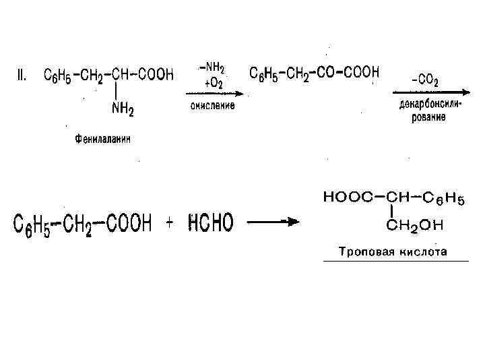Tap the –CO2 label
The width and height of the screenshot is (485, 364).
425,82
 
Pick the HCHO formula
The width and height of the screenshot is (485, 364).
212,223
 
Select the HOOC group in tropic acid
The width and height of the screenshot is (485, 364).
346,198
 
